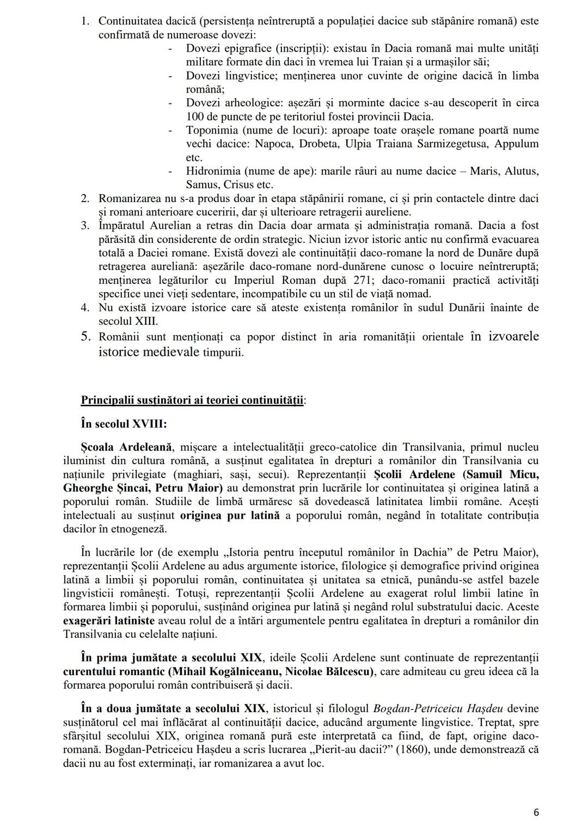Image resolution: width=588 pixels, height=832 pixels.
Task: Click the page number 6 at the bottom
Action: pyautogui.click(x=536, y=812)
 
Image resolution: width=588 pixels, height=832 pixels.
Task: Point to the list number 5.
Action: pyautogui.click(x=85, y=336)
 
